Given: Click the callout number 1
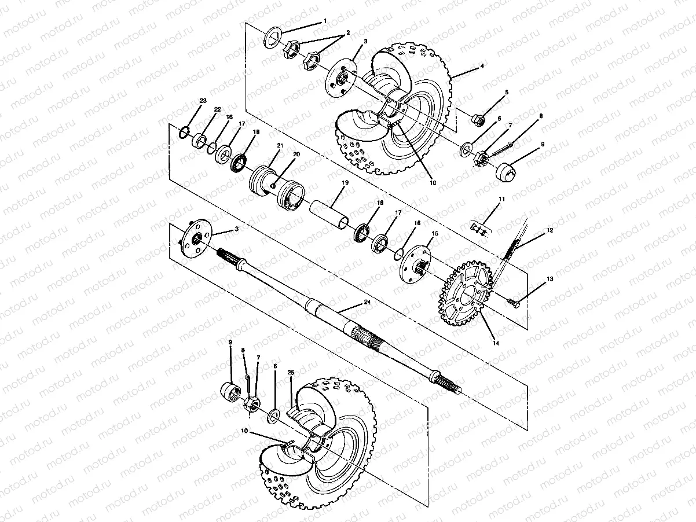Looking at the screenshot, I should (325, 20).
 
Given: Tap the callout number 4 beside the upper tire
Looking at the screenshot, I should (482, 67).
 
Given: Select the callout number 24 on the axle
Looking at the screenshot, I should (367, 302).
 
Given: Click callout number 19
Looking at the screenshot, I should (345, 183).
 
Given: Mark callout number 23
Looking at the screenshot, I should (202, 101).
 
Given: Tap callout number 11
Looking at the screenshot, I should (501, 200).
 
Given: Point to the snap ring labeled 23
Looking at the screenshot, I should (184, 133).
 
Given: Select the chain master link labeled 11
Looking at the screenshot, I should (478, 229).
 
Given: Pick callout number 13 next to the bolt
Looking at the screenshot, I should (550, 279).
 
